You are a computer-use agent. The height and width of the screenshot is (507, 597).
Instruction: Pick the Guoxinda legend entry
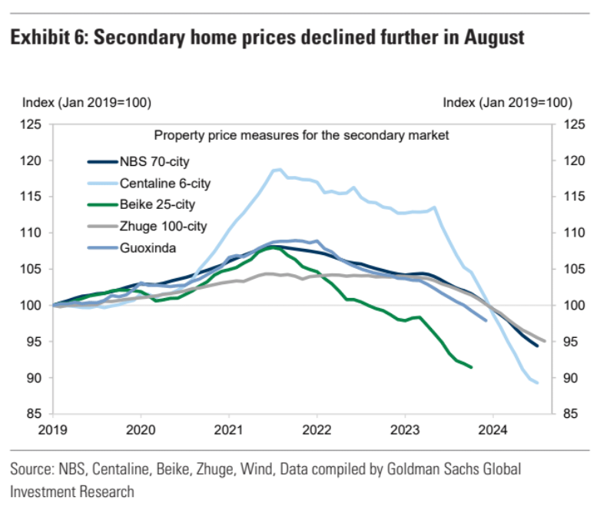(145, 248)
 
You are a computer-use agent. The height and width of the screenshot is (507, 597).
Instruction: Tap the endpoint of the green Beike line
(471, 367)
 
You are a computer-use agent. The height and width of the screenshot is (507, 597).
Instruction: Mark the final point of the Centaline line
(536, 383)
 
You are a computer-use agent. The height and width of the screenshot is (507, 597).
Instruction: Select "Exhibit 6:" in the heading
(48, 38)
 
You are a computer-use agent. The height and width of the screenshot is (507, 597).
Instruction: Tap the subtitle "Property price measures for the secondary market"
(301, 135)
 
